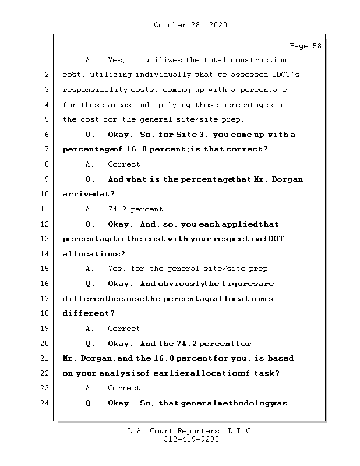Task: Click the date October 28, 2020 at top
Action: [x=190, y=25]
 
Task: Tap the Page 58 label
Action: [x=305, y=46]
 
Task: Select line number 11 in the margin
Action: [x=46, y=209]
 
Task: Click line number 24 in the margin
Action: [x=46, y=403]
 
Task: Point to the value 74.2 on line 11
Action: [x=119, y=209]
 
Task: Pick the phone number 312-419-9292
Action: [x=191, y=440]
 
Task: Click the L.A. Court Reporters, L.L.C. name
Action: [x=190, y=432]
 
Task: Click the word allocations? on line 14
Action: [x=89, y=254]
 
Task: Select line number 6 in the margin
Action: [x=46, y=135]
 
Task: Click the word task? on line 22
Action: [x=267, y=373]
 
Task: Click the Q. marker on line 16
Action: [x=90, y=284]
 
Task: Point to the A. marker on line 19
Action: [x=90, y=329]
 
